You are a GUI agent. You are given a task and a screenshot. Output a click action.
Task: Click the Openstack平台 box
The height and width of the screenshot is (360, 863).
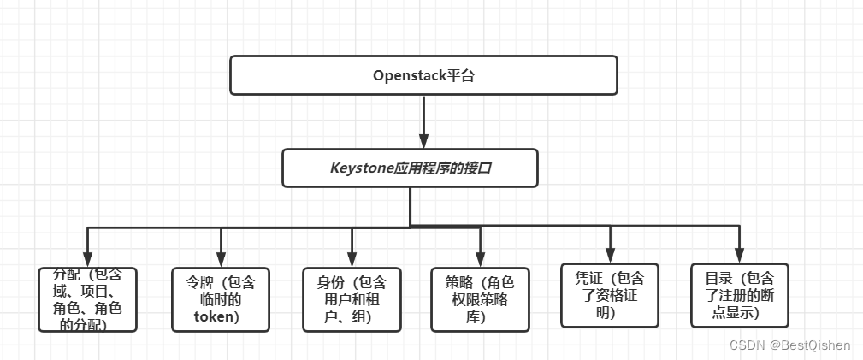(x=423, y=75)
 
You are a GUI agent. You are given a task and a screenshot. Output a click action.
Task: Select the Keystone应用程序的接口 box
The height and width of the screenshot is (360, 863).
(x=410, y=168)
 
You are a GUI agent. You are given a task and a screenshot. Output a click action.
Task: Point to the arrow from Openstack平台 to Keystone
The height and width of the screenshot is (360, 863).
(x=423, y=120)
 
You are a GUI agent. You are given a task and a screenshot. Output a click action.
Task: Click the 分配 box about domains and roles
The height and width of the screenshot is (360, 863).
(x=88, y=299)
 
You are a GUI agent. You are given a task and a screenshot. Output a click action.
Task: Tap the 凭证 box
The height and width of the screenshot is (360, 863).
(x=610, y=295)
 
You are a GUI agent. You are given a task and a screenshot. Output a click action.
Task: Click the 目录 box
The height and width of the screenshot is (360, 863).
(x=739, y=295)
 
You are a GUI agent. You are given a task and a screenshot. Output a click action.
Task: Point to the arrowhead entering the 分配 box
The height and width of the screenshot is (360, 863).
(x=88, y=258)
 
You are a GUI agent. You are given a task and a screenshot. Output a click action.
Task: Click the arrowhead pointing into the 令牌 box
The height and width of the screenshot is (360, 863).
(x=221, y=258)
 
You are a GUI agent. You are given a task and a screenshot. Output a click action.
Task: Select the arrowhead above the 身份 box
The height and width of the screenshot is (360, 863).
(x=352, y=258)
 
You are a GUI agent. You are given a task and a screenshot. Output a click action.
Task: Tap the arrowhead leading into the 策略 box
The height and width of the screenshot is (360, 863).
(x=480, y=258)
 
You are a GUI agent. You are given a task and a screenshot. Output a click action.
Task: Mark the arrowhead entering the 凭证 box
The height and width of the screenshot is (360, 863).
(x=610, y=254)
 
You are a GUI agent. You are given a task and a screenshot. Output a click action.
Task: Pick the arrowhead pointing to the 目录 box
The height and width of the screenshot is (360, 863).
(x=739, y=254)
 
